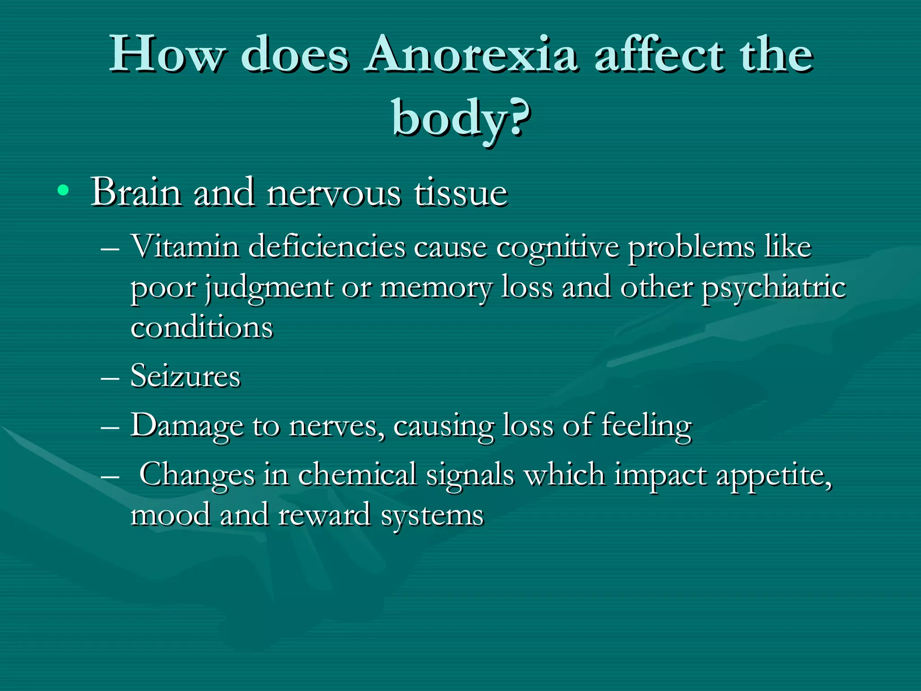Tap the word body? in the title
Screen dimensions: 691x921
tap(460, 118)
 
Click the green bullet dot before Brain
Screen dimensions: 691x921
tap(63, 191)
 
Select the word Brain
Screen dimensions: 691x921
tap(136, 193)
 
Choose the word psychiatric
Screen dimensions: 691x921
tap(773, 288)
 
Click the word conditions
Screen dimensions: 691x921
tap(201, 327)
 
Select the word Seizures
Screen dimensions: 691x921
tap(185, 376)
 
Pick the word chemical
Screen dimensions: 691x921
tap(357, 474)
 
